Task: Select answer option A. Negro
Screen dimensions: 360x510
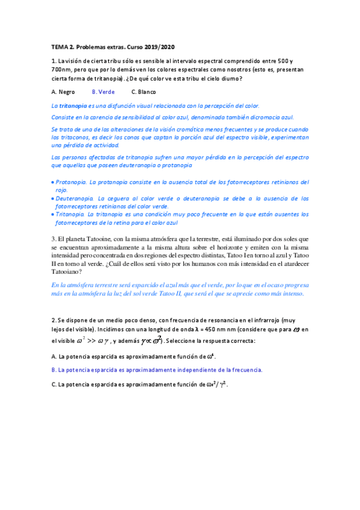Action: tap(64, 92)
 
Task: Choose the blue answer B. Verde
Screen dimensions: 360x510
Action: tap(103, 92)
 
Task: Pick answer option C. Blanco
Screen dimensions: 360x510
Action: tap(144, 92)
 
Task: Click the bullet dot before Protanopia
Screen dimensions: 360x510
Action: tap(53, 182)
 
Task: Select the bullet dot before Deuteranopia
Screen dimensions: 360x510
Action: tap(53, 198)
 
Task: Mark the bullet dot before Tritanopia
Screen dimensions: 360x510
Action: tap(53, 214)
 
